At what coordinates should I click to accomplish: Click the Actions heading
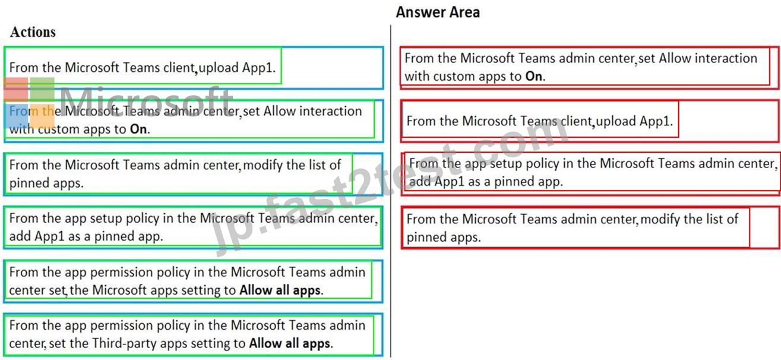point(33,32)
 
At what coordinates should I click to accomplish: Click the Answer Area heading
point(438,12)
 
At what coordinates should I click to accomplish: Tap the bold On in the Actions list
point(138,130)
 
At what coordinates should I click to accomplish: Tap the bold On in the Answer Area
point(534,77)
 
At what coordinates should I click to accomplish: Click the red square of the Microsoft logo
point(16,89)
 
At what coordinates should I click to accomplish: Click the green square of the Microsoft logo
point(42,89)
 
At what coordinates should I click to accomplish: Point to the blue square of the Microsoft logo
point(17,116)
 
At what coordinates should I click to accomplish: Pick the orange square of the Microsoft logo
point(42,116)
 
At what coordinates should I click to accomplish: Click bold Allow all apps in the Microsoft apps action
point(280,290)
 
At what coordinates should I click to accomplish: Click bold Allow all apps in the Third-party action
point(289,343)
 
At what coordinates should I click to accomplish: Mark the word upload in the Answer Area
point(616,122)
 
